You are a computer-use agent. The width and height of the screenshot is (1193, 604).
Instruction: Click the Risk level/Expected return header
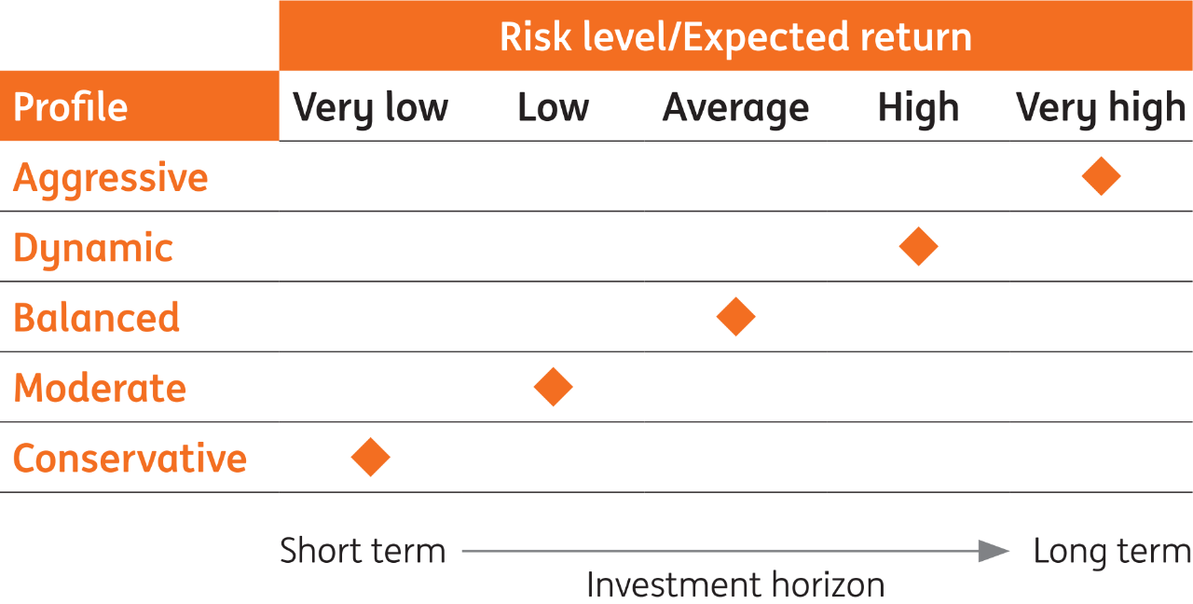coord(735,36)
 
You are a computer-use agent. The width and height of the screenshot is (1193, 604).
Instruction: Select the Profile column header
coord(71,107)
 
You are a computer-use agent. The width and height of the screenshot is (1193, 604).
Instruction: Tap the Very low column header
coord(370,108)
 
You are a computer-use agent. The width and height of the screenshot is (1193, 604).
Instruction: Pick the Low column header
coord(553,108)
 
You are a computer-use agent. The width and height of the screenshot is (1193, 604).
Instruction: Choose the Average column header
coord(735,108)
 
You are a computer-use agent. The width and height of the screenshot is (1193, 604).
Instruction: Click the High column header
coord(918,108)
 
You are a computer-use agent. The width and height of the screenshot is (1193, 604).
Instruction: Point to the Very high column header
coord(1101,108)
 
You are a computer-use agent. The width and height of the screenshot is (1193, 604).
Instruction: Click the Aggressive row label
coord(110,177)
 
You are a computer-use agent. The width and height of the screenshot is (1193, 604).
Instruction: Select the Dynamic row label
coord(93,248)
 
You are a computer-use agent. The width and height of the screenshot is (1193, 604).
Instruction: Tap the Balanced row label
coord(96,318)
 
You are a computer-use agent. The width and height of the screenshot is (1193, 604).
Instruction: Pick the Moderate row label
coord(100,388)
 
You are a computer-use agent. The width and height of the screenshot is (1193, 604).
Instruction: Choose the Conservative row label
coord(130,459)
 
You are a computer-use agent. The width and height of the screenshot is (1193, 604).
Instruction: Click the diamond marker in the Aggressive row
coord(1101,176)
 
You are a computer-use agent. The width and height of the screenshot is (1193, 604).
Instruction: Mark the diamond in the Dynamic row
coord(918,246)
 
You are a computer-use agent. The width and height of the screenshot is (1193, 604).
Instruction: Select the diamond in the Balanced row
coord(735,317)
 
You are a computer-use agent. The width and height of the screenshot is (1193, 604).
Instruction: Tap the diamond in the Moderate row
coord(553,387)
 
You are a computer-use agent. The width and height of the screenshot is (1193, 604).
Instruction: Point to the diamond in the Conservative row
coord(370,458)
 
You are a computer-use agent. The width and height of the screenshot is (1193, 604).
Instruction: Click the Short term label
coord(363,551)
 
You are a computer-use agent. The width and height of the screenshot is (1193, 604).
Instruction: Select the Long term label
coord(1112,551)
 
